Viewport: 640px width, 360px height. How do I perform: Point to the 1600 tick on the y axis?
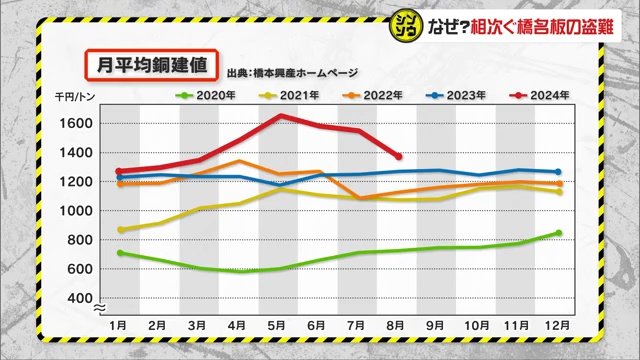point(80,124)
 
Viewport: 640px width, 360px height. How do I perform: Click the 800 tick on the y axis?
point(84,240)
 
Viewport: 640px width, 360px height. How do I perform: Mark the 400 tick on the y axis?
point(84,298)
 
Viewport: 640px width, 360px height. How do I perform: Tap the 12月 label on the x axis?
point(556,325)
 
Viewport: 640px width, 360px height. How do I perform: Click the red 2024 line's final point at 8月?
point(399,156)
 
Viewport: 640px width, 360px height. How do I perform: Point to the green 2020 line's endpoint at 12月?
point(558,233)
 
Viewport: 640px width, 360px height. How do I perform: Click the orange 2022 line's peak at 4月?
point(241,161)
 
